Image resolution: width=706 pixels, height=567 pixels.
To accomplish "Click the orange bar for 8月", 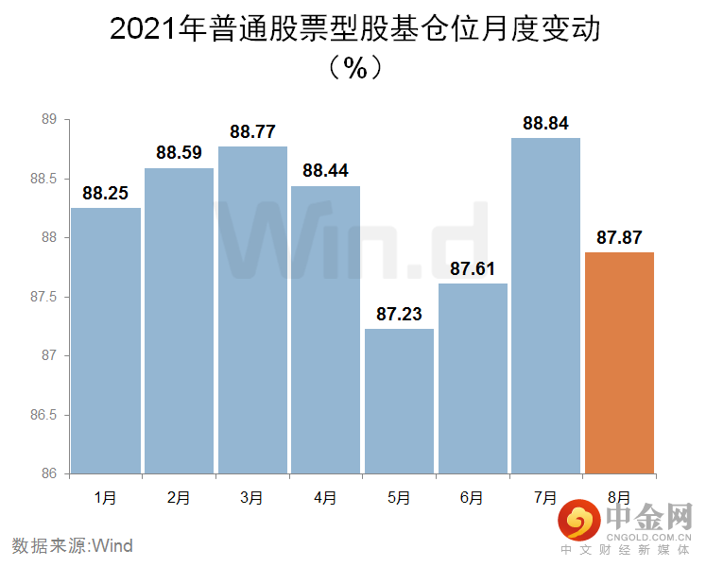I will pyautogui.click(x=619, y=363).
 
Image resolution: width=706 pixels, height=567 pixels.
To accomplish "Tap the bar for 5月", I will pyautogui.click(x=399, y=401).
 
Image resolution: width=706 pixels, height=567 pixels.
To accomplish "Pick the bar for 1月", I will pyautogui.click(x=106, y=340).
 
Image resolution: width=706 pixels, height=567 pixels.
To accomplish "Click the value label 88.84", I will pyautogui.click(x=545, y=124).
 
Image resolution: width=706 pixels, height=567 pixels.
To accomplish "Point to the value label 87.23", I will pyautogui.click(x=399, y=315).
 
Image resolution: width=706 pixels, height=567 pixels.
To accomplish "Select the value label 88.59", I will pyautogui.click(x=180, y=154).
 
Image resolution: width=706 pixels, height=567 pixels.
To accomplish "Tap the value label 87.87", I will pyautogui.click(x=619, y=238).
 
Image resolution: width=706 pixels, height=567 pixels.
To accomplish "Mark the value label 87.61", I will pyautogui.click(x=473, y=269).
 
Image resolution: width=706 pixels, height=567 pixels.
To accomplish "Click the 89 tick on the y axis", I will pyautogui.click(x=50, y=120).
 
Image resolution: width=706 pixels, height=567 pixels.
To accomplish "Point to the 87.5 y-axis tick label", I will pyautogui.click(x=44, y=297).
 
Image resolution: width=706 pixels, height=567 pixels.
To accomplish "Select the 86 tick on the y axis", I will pyautogui.click(x=50, y=473).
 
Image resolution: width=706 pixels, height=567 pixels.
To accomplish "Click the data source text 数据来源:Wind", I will pyautogui.click(x=73, y=545).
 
